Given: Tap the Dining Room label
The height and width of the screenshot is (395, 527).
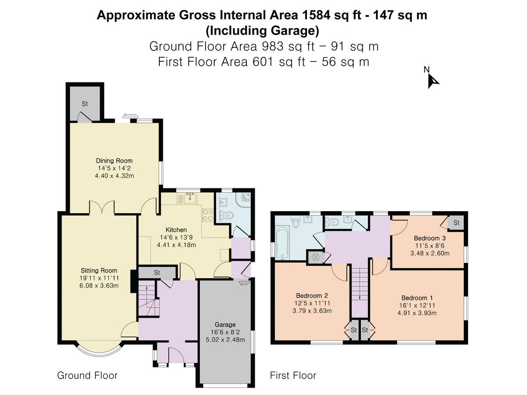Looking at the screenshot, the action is [x=114, y=161].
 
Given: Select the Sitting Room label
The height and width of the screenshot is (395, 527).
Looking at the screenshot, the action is [x=99, y=270].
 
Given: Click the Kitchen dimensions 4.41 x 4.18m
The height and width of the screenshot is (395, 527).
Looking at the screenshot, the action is [x=176, y=245].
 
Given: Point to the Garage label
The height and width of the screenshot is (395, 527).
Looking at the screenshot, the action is [x=225, y=324].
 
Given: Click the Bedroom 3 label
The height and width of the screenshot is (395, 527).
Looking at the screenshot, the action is [x=430, y=238].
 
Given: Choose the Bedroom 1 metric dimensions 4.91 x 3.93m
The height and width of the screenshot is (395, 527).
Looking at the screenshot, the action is [x=417, y=313].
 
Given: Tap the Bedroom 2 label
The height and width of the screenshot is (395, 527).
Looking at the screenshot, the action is [x=312, y=295].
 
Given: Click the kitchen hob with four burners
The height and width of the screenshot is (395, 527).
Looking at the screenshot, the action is [x=208, y=215].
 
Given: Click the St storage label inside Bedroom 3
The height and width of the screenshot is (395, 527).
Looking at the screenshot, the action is [x=456, y=223].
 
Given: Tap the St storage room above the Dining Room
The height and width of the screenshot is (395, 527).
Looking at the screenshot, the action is [x=85, y=104].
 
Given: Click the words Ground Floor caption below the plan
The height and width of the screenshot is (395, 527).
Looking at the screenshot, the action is [x=87, y=375].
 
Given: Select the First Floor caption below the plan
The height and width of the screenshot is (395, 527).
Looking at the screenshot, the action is [x=293, y=375].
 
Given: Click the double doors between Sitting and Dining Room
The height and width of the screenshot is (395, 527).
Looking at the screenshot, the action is [x=102, y=208].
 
